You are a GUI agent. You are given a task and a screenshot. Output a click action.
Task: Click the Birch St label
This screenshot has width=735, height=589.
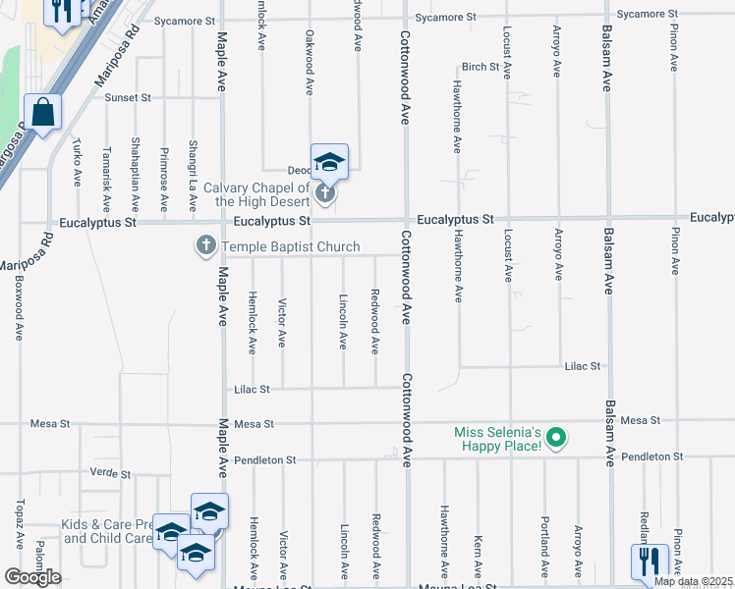(x=481, y=67)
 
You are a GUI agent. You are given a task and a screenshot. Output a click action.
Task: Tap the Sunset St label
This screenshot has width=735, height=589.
(x=129, y=97)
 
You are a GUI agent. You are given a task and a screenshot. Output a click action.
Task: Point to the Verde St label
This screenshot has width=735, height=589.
(x=110, y=473)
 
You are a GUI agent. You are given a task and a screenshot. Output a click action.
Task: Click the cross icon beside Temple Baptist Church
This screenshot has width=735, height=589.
(x=206, y=245)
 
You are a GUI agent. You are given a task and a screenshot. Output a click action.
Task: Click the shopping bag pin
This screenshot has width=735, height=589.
(x=43, y=112)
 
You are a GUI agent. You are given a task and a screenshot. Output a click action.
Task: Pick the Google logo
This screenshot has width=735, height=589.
(x=32, y=577)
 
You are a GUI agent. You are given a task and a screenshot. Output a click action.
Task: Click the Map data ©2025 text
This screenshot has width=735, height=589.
(x=693, y=581)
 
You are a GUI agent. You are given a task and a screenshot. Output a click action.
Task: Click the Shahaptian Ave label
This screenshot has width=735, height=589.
(x=136, y=175)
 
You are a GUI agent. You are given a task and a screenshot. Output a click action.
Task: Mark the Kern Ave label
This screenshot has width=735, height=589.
(x=477, y=555)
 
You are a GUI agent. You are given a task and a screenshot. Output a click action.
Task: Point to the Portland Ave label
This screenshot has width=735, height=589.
(x=544, y=545)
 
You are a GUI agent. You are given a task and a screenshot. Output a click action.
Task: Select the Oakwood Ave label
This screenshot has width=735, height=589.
(x=310, y=63)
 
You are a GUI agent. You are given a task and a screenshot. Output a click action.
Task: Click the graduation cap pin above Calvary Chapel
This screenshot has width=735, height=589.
(x=329, y=163)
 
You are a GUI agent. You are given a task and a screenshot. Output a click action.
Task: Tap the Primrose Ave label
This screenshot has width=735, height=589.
(x=164, y=180)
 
